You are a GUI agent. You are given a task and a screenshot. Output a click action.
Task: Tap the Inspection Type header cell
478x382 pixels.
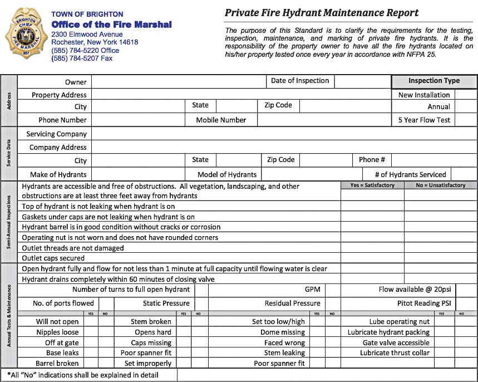point(434,81)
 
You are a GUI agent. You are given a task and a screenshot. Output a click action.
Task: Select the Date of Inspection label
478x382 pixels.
point(300,81)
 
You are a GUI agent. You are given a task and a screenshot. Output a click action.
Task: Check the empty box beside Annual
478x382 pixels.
point(466,106)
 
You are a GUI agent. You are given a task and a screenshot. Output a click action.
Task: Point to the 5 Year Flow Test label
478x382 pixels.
point(424,120)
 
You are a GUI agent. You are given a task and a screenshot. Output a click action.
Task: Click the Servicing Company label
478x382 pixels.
point(56,134)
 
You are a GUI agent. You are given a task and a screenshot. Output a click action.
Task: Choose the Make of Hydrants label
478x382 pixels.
point(58,174)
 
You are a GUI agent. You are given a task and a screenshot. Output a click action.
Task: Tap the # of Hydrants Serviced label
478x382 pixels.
point(410,174)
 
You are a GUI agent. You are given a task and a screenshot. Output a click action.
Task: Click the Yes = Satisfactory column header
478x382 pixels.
point(372,185)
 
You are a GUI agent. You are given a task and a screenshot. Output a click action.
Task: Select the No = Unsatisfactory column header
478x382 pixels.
point(440,185)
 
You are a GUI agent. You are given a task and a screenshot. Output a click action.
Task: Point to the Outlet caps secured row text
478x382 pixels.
point(53,258)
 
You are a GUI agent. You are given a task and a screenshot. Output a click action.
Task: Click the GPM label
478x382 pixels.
point(312,290)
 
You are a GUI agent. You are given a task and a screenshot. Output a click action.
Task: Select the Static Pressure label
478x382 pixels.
point(166,303)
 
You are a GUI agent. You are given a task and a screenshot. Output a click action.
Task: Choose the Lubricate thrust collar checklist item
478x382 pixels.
point(395,353)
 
